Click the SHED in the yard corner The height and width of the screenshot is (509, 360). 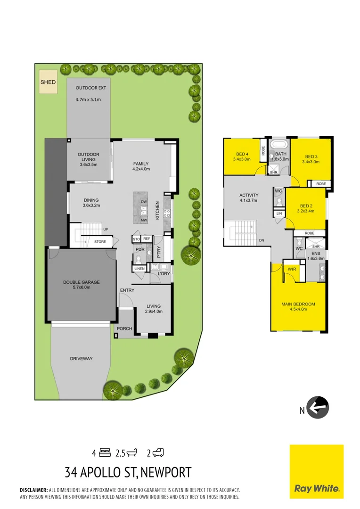[x=48, y=82]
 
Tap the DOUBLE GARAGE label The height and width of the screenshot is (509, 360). [x=82, y=282]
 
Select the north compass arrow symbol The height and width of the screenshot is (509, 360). [x=318, y=407]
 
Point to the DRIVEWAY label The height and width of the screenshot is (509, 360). [x=82, y=359]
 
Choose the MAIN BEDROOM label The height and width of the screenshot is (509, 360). [x=298, y=304]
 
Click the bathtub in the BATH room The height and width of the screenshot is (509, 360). [x=281, y=145]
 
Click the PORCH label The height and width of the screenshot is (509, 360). [x=124, y=328]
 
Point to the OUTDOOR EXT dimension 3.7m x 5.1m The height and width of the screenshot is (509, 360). [x=88, y=99]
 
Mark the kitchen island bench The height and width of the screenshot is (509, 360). [x=146, y=207]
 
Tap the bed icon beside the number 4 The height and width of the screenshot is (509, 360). [x=105, y=453]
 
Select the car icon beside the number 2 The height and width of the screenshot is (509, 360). [x=158, y=453]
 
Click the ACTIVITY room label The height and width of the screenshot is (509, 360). [x=249, y=195]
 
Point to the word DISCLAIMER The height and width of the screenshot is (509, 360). [x=34, y=490]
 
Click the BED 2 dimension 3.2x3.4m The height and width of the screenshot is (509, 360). [x=307, y=211]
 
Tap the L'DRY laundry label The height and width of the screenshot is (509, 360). [x=164, y=274]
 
